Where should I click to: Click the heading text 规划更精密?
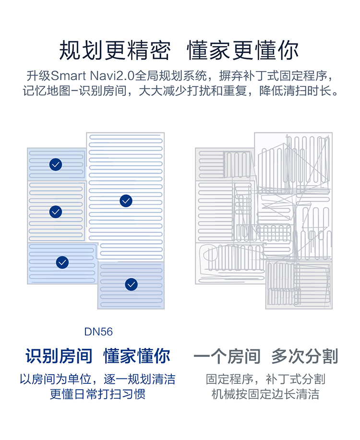point(115,50)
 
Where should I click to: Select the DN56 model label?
point(98,332)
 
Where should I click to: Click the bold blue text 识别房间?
point(59,356)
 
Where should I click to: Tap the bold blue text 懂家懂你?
point(137,356)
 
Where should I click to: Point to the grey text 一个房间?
point(227,356)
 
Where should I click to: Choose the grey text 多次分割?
point(305,356)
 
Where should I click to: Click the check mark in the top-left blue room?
point(56,165)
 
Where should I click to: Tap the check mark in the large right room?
point(126,201)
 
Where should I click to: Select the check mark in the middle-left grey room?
point(56,211)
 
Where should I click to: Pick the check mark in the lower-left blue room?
point(62,262)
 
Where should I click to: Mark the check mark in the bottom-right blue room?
point(131,285)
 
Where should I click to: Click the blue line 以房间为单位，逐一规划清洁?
point(97,379)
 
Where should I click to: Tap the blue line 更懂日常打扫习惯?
point(97,394)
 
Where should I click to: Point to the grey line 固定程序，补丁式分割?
point(265,379)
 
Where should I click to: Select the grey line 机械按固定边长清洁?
point(265,394)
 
